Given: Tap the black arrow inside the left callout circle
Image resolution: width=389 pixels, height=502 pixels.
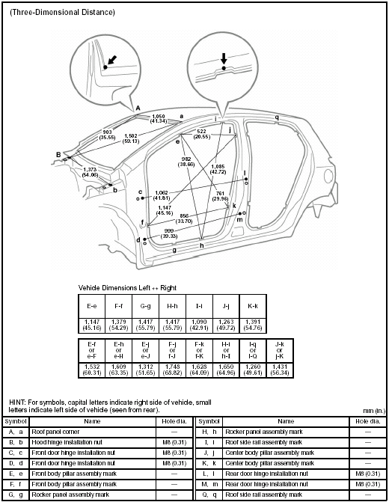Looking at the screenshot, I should point(111,59).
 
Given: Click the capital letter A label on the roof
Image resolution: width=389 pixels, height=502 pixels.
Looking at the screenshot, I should point(138,108).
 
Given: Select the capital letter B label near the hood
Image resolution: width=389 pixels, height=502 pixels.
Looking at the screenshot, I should point(58,155).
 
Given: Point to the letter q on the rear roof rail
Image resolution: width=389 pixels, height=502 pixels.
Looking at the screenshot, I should point(277,117).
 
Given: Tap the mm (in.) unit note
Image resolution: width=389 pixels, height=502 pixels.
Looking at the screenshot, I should point(370,411).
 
